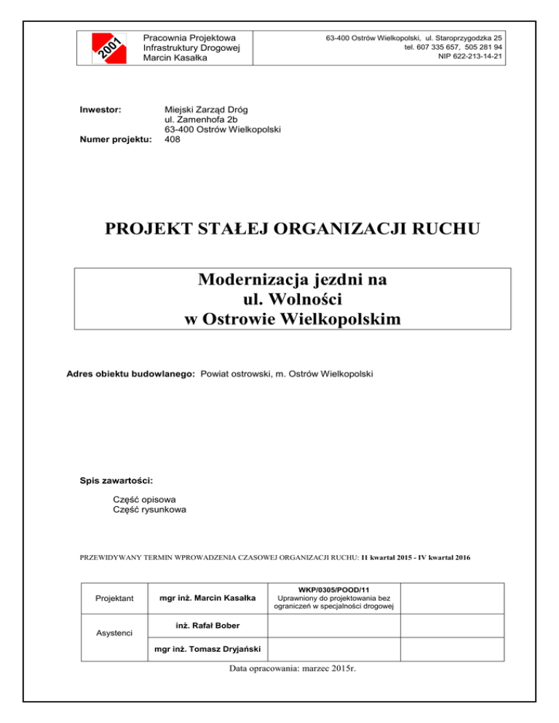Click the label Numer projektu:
pyautogui.click(x=114, y=140)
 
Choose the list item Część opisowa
pyautogui.click(x=145, y=500)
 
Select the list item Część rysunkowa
pyautogui.click(x=149, y=510)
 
